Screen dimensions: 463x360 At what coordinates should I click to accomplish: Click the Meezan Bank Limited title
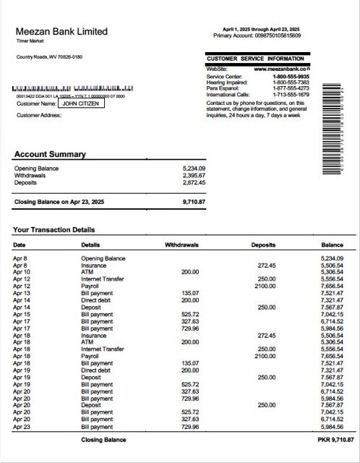tap(61, 32)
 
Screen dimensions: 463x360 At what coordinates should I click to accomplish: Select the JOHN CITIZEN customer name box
tap(81, 103)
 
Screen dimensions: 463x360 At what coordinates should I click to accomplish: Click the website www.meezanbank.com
tap(281, 69)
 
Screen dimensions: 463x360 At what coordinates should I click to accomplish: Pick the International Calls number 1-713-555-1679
tap(291, 95)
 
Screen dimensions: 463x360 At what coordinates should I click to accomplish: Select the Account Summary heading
tap(50, 154)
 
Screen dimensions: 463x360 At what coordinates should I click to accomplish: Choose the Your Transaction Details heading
tap(53, 230)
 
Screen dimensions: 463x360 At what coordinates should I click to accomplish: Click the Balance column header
tap(332, 245)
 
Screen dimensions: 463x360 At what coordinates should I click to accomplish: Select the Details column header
tap(91, 245)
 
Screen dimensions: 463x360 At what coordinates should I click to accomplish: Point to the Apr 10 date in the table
tap(20, 271)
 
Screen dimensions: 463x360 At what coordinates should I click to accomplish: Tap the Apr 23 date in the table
tap(20, 427)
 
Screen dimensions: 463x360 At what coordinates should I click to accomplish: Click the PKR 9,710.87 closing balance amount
tap(335, 440)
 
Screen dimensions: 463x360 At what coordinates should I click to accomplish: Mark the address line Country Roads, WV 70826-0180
tap(49, 56)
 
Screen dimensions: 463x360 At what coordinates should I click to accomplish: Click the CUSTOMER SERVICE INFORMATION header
tap(254, 59)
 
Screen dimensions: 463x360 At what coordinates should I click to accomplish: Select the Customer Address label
tap(39, 115)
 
